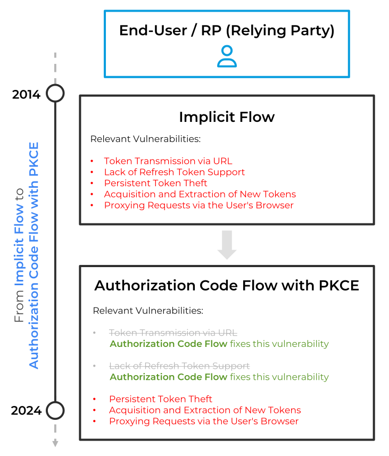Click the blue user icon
227,56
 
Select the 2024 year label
26,410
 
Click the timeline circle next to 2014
55,93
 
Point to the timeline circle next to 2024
55,410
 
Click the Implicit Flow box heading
227,117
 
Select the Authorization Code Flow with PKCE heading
227,285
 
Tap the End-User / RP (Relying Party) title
227,30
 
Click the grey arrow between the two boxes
227,244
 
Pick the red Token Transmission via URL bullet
168,161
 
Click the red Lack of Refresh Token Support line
174,172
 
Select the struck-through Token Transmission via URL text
173,333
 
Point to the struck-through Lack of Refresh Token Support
179,366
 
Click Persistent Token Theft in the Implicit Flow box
155,183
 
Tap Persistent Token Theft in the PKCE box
161,399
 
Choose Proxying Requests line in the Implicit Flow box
198,205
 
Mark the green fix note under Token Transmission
219,344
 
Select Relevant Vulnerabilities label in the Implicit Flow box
145,139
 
